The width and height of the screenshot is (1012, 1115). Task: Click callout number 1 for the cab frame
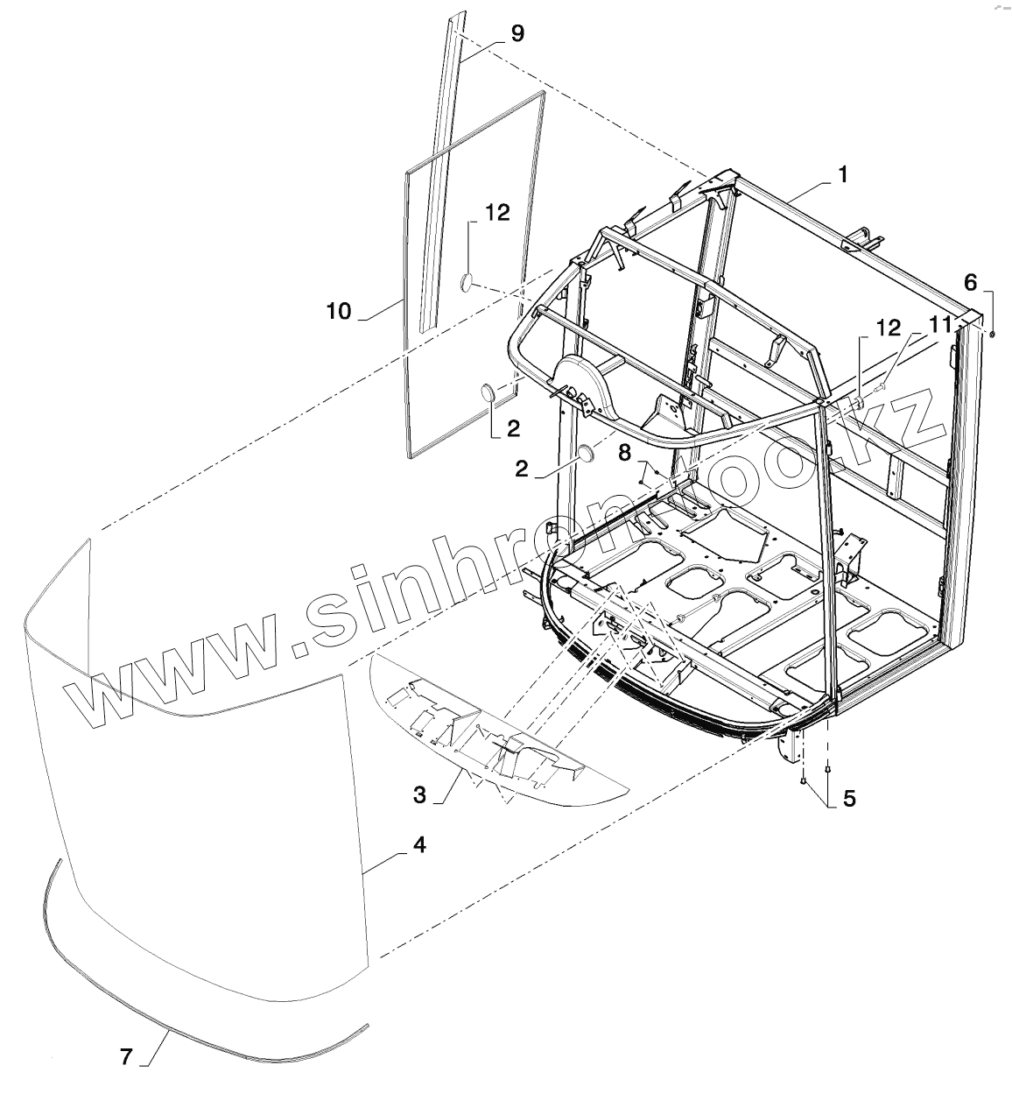click(x=842, y=174)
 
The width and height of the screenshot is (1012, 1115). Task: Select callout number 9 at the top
click(x=517, y=33)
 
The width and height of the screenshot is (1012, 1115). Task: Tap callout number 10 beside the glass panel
click(x=339, y=310)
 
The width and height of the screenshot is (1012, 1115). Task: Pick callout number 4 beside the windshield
click(x=419, y=845)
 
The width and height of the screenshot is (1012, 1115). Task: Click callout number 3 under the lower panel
click(x=420, y=795)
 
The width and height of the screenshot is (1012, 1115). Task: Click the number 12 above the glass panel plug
click(x=497, y=213)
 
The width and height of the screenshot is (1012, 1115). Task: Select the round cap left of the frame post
click(x=586, y=455)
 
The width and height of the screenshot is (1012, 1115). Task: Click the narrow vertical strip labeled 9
click(x=439, y=175)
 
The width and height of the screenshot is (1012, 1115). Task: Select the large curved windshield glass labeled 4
click(x=201, y=806)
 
